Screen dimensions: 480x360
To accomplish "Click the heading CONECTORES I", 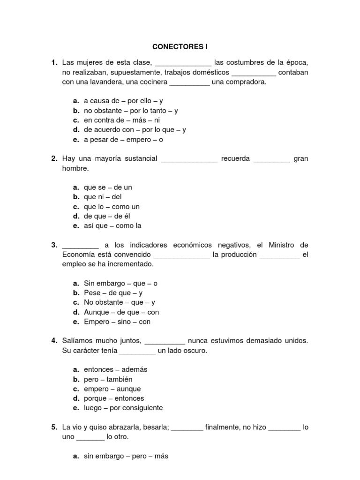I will click(x=180, y=47).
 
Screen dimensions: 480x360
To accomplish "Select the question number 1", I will click(x=54, y=63).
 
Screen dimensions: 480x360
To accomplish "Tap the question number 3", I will click(x=54, y=245).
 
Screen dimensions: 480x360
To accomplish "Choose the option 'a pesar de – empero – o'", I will click(x=123, y=140).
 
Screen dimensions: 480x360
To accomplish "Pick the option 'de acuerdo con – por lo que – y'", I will click(x=135, y=130).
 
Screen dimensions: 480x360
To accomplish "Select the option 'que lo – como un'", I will click(x=112, y=207).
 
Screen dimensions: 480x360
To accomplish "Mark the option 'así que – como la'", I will click(x=112, y=226).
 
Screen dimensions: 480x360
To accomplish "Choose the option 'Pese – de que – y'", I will click(x=113, y=293).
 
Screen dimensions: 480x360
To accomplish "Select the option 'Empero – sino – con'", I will click(x=117, y=322).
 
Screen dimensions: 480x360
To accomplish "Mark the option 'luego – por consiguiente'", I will click(x=123, y=408).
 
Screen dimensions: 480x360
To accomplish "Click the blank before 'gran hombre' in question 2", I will click(x=272, y=159).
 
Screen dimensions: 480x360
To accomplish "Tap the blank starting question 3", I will click(x=80, y=246).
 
